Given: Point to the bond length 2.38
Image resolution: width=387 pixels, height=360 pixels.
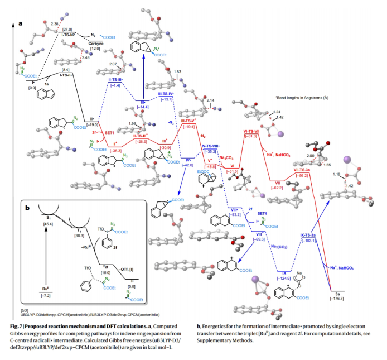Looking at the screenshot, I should click(x=54, y=25).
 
